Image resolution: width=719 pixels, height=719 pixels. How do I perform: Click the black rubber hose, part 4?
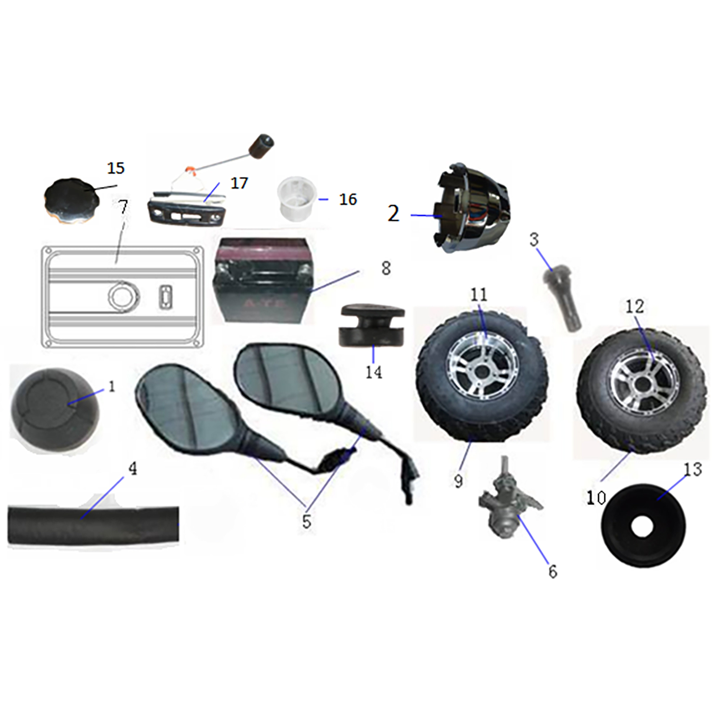93,525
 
